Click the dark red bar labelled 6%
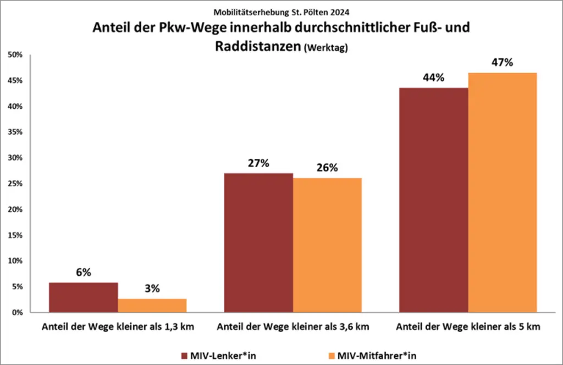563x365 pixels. pos(84,297)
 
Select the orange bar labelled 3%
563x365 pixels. pos(152,305)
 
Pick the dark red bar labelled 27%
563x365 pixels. pos(258,242)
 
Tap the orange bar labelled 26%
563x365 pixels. pos(327,245)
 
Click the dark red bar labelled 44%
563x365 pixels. pos(433,200)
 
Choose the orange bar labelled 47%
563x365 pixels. pos(502,192)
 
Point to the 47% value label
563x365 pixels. pos(502,63)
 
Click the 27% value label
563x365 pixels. pos(258,163)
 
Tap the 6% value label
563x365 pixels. pos(84,273)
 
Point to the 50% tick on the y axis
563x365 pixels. pos(14,55)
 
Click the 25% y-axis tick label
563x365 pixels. pos(14,184)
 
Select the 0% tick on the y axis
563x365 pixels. pos(16,312)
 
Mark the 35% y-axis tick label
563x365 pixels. pos(14,132)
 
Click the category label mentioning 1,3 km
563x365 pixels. pos(118,327)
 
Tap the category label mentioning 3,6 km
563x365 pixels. pos(292,327)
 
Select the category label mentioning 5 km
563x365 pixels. pos(467,327)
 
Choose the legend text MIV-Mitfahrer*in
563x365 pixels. pos(377,356)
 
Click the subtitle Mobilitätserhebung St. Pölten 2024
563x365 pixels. pos(281,11)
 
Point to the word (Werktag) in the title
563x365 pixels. pos(326,48)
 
